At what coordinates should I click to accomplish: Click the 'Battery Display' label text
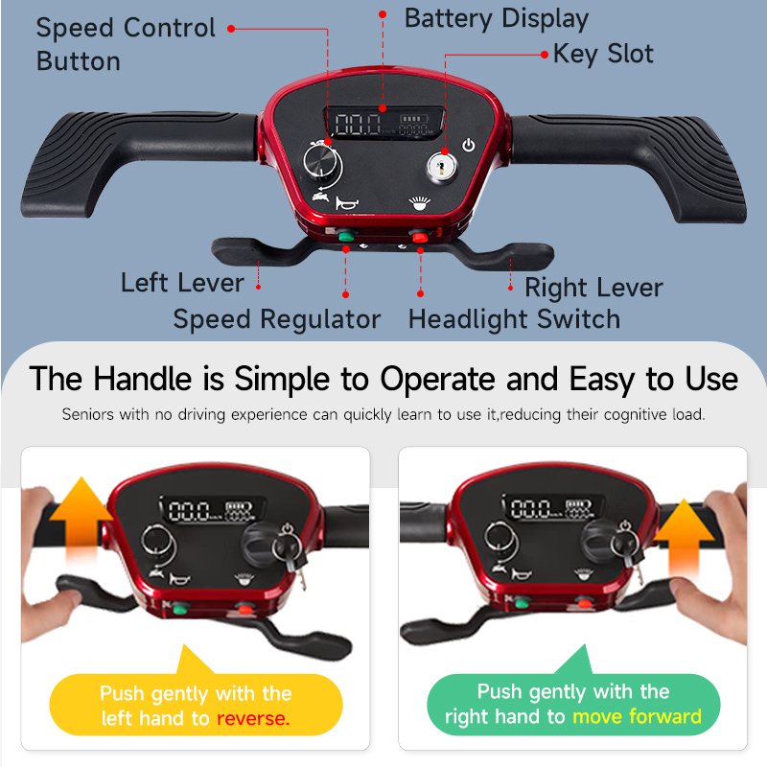pos(497,19)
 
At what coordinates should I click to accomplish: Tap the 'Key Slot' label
pos(603,54)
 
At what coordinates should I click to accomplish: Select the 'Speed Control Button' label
pos(126,44)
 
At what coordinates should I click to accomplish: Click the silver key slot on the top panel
pos(442,166)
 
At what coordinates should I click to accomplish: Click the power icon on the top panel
pos(469,145)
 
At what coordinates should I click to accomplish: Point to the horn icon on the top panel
pos(346,202)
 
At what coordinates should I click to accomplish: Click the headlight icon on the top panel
pos(420,203)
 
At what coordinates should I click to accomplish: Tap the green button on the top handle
pos(346,237)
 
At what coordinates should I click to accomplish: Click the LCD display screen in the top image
pos(383,123)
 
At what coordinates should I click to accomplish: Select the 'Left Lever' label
pos(182,283)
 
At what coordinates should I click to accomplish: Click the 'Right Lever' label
pos(593,288)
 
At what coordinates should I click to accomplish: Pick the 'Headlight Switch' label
pos(514,319)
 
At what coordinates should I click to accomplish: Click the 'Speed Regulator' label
pos(277,319)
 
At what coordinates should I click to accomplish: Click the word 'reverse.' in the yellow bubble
pos(253,718)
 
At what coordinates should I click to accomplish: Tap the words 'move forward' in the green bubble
pos(637,716)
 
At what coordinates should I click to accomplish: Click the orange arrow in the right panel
pos(684,538)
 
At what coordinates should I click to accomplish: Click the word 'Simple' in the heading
pos(282,380)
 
